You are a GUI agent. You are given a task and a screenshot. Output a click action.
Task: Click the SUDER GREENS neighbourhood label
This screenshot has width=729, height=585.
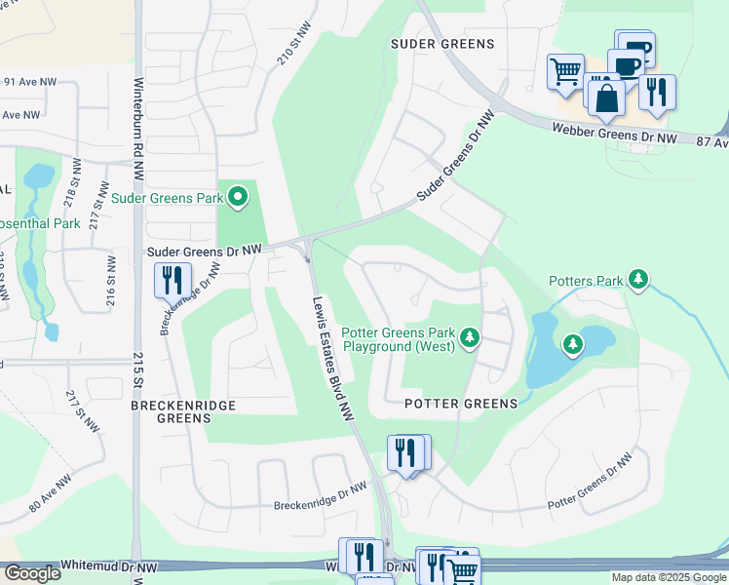pyautogui.click(x=442, y=44)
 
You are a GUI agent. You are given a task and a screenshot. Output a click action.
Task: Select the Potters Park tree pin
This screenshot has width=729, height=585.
pyautogui.click(x=638, y=281)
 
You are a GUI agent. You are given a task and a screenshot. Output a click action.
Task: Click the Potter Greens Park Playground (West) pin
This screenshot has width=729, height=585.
pyautogui.click(x=470, y=337)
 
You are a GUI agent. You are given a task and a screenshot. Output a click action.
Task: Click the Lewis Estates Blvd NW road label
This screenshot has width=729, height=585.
pyautogui.click(x=331, y=358)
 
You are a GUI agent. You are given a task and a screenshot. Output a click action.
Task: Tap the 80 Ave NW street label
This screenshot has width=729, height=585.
pyautogui.click(x=48, y=500)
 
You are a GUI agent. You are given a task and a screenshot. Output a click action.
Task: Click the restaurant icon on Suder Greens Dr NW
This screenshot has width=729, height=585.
pyautogui.click(x=172, y=280)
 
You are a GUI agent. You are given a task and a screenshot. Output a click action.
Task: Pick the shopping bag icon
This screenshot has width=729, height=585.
pyautogui.click(x=606, y=97)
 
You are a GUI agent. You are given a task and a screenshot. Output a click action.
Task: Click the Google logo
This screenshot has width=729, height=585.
pyautogui.click(x=31, y=572)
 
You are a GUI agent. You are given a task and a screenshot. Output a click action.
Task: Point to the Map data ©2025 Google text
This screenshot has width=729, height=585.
pyautogui.click(x=669, y=577)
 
